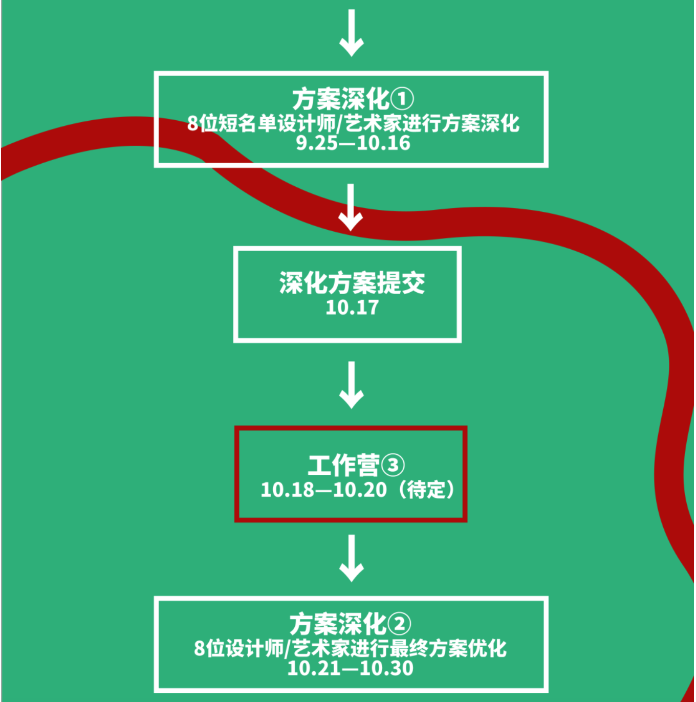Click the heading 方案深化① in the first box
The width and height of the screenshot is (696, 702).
coord(352,99)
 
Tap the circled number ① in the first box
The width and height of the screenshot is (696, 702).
coord(402,99)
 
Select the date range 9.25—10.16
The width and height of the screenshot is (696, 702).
coord(353,143)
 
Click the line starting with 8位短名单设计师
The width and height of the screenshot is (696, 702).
coord(353,123)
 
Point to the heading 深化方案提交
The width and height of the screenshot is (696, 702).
coord(352,282)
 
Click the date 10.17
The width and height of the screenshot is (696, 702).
coord(352,308)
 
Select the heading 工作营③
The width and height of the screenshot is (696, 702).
coord(356,465)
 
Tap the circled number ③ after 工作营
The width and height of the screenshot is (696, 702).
coord(393,466)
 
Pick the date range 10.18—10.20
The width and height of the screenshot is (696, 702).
coord(324,490)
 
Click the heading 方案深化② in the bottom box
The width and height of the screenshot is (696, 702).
coord(350,624)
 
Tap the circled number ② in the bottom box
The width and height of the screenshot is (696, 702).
coord(399,624)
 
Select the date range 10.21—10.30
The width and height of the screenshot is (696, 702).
coord(350,668)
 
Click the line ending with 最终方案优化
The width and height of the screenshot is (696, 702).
coord(350,648)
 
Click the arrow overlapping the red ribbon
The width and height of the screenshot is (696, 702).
coord(351,208)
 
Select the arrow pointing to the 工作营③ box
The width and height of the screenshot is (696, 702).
coord(352,385)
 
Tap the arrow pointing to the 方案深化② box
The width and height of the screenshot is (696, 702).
coord(352,558)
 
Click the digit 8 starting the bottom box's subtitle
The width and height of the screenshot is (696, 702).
coord(200,649)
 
